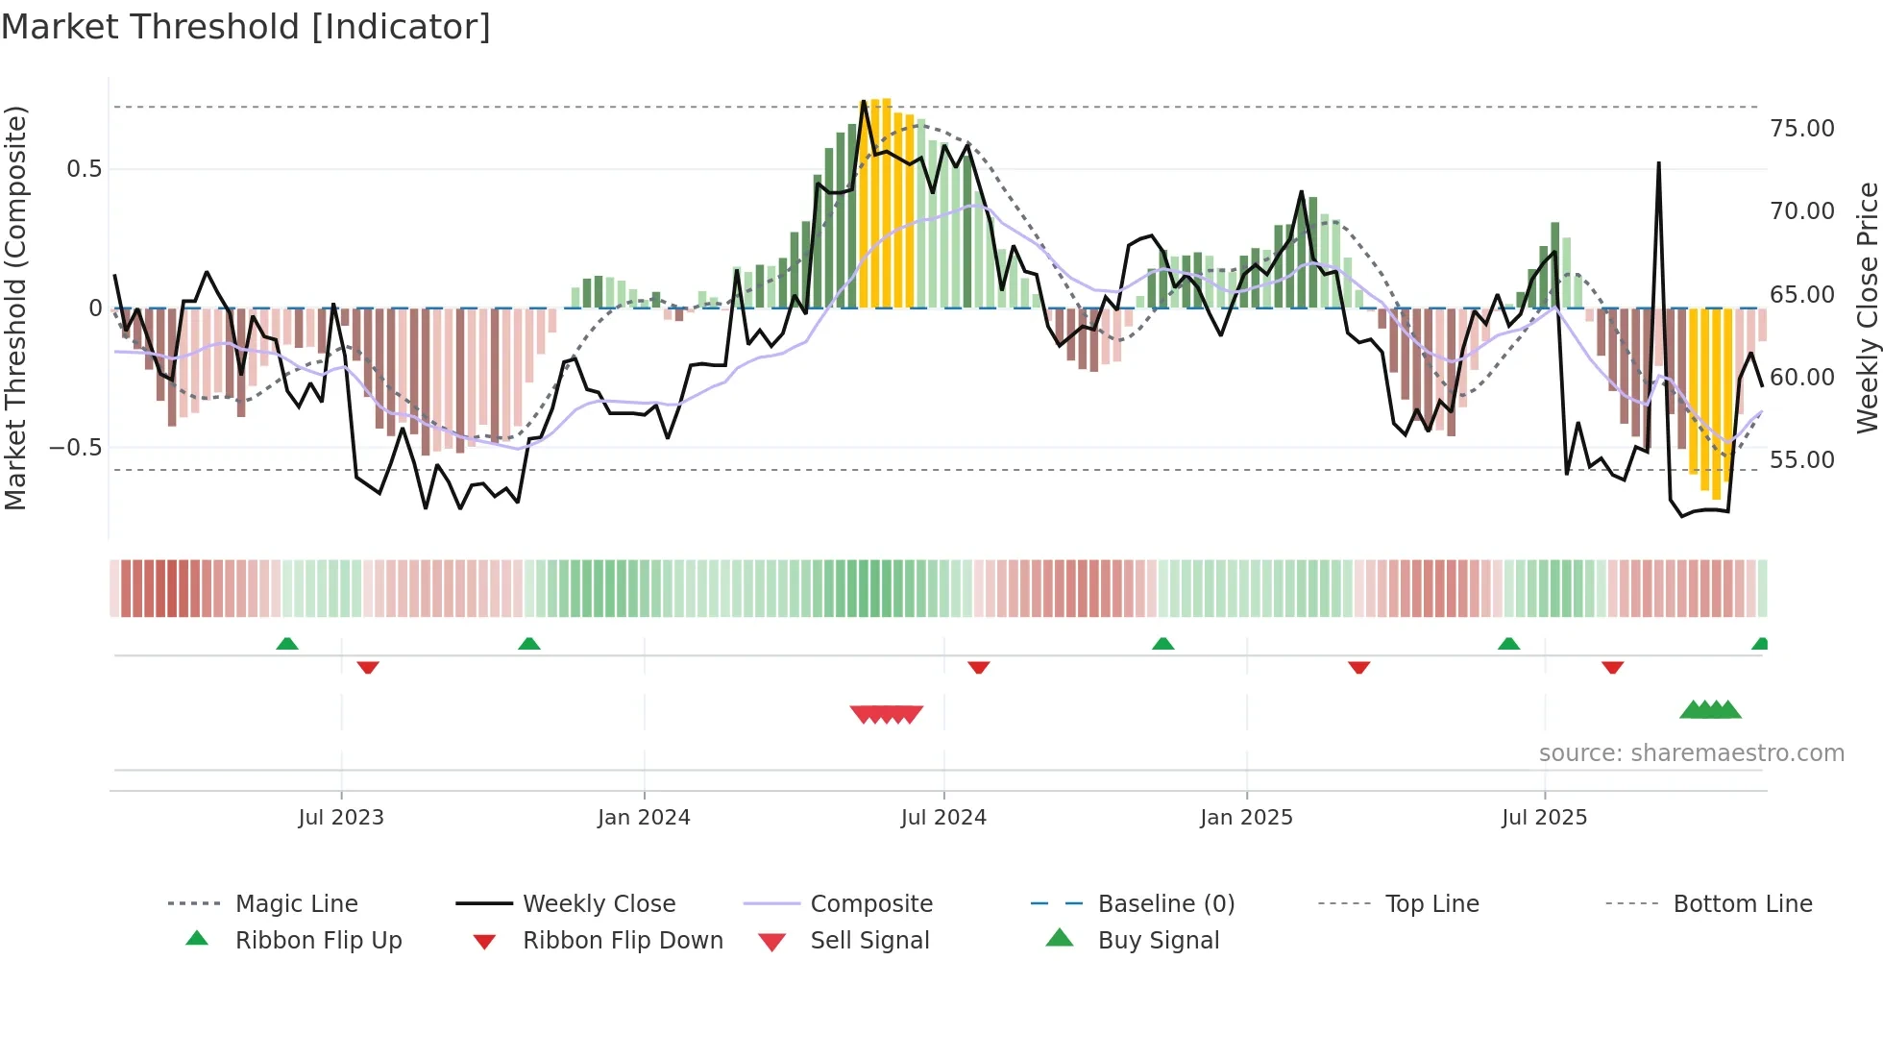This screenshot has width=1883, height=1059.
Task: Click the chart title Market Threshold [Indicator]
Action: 246,27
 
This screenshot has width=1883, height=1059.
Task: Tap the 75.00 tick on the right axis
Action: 1801,129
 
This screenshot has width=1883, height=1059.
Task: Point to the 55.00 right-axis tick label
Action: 1801,460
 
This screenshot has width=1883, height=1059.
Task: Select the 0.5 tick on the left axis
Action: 84,169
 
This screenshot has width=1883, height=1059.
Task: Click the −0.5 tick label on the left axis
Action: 75,448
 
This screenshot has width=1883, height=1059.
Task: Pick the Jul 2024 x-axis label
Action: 942,818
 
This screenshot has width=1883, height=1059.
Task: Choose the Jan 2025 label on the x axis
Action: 1245,818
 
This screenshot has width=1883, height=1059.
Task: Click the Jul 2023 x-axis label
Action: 340,818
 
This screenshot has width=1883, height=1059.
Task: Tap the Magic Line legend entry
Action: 296,904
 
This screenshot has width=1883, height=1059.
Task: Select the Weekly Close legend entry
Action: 599,904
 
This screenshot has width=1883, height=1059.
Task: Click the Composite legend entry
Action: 870,904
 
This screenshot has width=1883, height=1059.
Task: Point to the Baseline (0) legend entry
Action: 1165,904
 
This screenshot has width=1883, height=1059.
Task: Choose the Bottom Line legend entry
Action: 1742,904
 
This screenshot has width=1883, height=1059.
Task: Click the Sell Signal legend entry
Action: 868,941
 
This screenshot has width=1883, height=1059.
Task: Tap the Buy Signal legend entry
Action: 1158,941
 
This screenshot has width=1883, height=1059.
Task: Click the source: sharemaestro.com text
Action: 1691,753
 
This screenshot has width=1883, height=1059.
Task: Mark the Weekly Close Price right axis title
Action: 1867,308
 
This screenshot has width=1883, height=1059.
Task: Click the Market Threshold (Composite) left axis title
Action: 15,308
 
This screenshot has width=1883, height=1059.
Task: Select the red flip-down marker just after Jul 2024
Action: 978,667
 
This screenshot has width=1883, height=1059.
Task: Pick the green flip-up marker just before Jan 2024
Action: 528,643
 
